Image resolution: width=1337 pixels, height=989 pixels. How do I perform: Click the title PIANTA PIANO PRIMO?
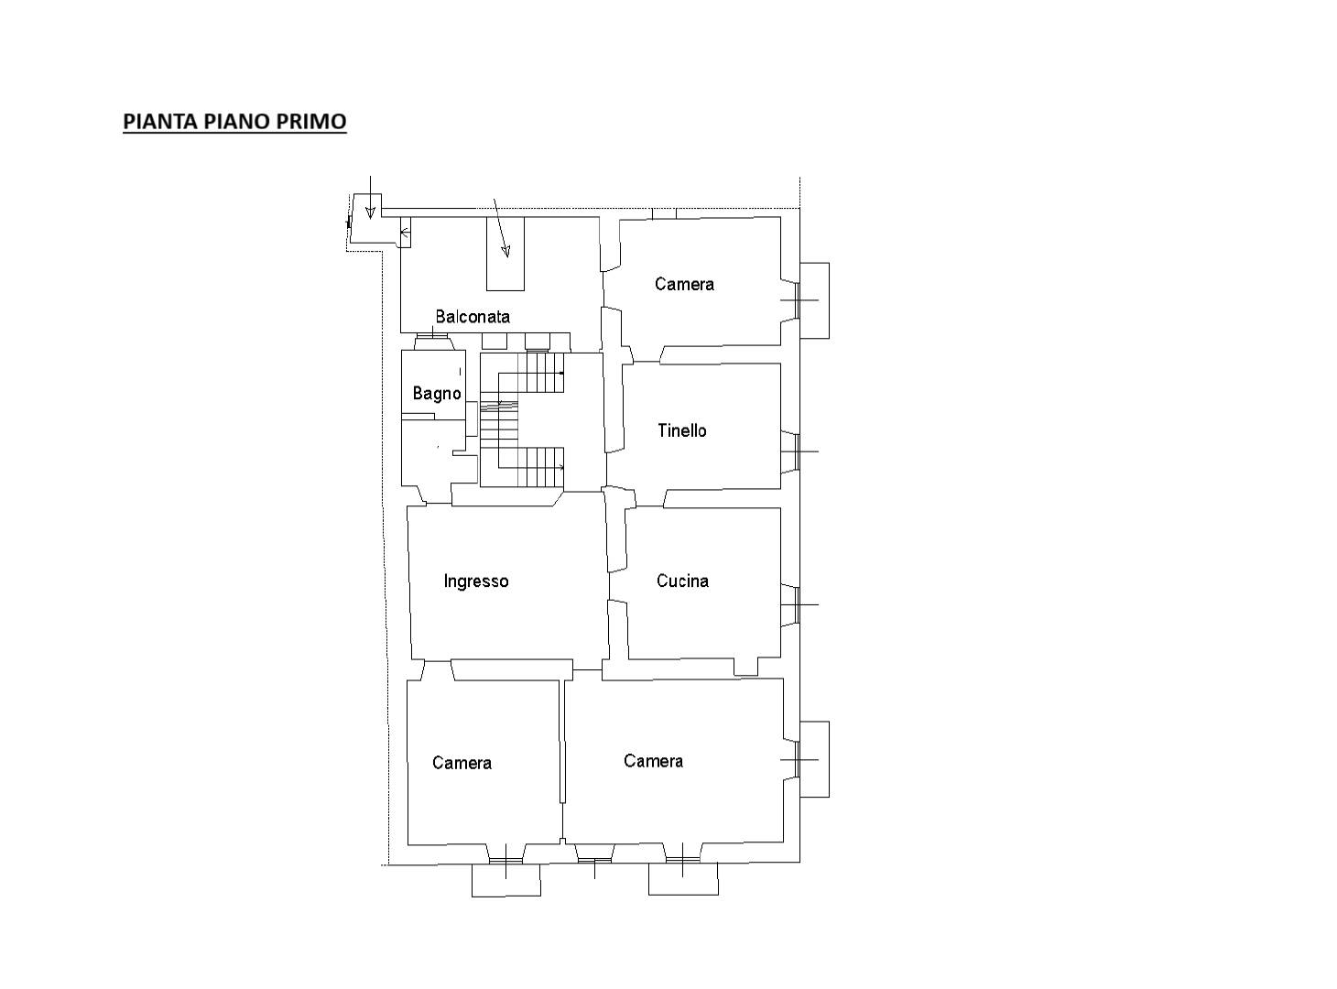(x=234, y=121)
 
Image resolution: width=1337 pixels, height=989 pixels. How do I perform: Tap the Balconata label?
(x=473, y=317)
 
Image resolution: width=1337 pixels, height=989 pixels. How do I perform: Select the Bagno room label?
(x=437, y=394)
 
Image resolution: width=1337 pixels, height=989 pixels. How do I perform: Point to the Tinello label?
(x=681, y=430)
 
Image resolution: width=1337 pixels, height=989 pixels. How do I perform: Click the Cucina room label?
(x=682, y=581)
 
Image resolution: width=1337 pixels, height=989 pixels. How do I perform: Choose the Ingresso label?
(x=476, y=581)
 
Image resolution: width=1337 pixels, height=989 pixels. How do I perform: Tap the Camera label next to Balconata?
(x=684, y=284)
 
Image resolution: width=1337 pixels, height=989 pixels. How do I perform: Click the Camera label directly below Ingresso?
(x=462, y=763)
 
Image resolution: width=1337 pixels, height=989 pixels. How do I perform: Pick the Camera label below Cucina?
(x=654, y=761)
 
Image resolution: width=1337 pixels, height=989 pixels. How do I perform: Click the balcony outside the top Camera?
(x=814, y=300)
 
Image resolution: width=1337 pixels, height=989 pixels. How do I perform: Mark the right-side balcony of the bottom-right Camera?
(x=814, y=759)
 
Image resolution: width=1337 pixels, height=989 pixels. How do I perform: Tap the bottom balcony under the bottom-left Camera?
(x=505, y=880)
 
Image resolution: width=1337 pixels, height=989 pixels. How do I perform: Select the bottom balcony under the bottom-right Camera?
(x=683, y=878)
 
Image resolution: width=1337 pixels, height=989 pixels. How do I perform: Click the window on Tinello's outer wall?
(x=797, y=451)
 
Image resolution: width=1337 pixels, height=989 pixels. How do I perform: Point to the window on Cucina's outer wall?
(x=797, y=604)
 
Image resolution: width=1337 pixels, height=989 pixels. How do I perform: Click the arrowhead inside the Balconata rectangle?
(x=505, y=251)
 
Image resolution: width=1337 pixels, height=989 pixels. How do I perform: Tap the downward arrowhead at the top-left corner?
(x=371, y=212)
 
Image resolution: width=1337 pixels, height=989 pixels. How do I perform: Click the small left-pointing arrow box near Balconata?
(x=405, y=233)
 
